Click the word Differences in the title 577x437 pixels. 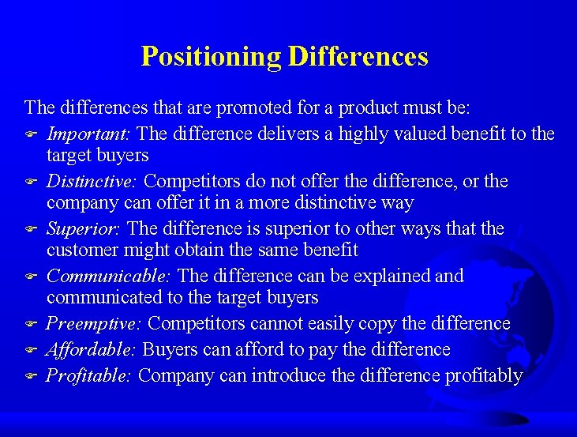(358, 56)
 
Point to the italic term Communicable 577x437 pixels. (110, 277)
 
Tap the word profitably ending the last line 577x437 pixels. (482, 376)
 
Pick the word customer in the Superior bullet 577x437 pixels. (80, 251)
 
